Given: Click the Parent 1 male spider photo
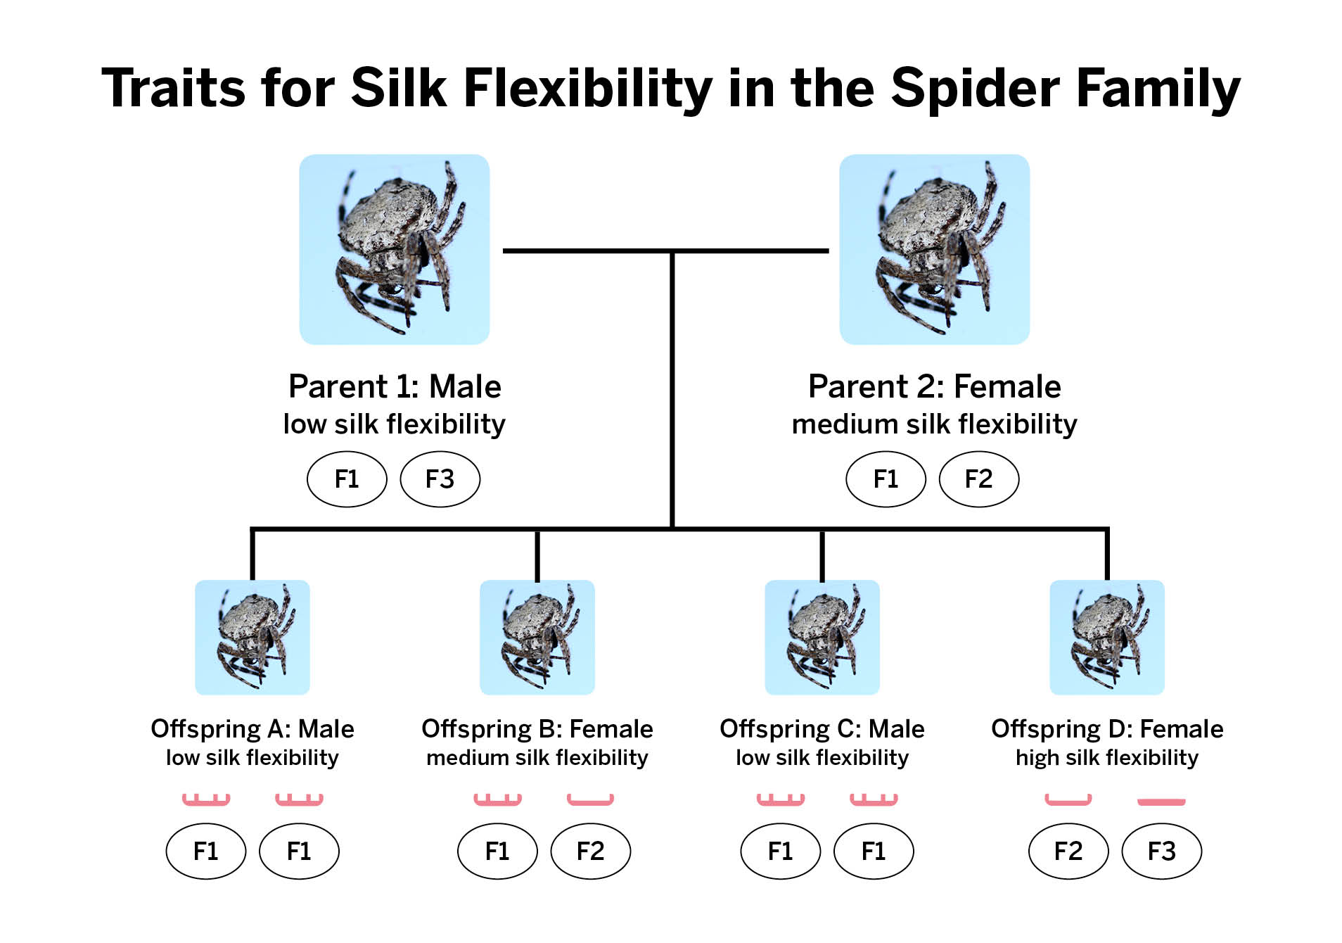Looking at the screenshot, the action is pos(395,249).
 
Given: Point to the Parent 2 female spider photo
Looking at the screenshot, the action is pos(935,249).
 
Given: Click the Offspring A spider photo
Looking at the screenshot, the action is pos(253,638).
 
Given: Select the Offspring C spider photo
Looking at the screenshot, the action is pos(822,638).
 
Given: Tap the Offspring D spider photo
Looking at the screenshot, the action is pos(1107,638).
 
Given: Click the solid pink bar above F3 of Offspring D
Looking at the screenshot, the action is pos(1161,802).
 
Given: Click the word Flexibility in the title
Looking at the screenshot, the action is pos(588,89).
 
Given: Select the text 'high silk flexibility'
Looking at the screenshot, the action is pos(1107,758).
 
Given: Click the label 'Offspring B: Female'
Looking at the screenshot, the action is pos(537,729).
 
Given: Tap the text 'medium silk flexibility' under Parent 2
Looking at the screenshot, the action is pos(935,424).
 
